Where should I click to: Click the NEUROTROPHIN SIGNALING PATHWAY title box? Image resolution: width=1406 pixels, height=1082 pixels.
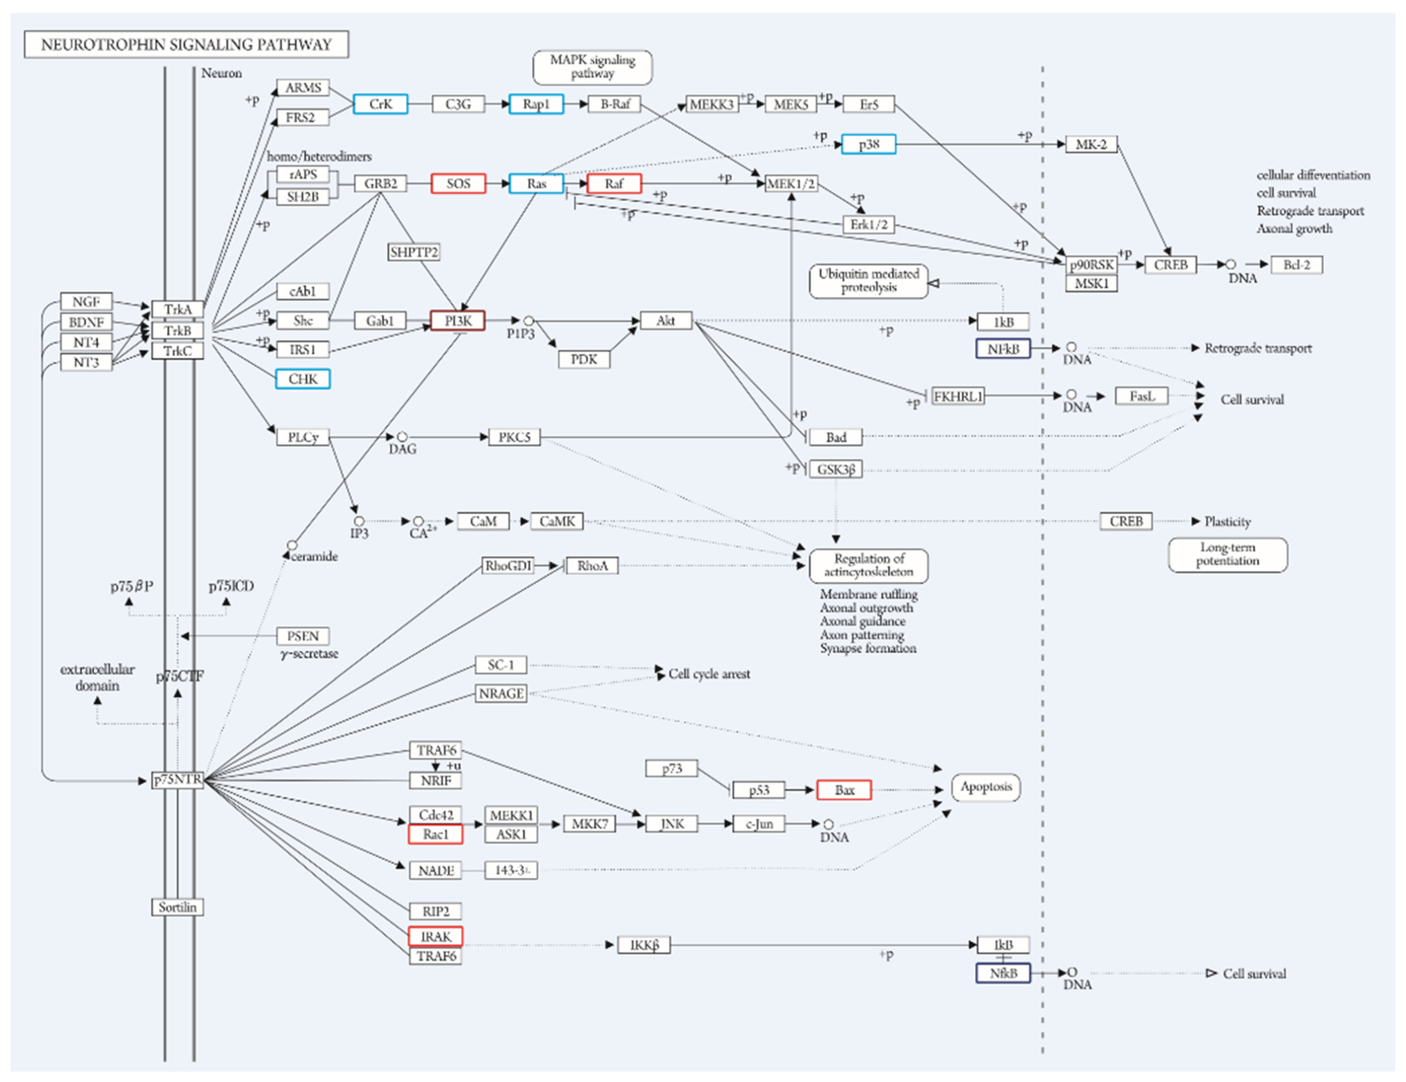[x=186, y=45]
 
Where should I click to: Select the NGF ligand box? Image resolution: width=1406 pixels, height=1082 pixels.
[x=86, y=301]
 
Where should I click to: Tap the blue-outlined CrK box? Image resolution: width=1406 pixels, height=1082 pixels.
[x=381, y=104]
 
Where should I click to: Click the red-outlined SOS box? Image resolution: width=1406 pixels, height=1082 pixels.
[x=458, y=184]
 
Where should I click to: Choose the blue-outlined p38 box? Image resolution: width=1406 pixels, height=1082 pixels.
[x=869, y=144]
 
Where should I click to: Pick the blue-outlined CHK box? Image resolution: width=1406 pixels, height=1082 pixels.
[x=303, y=379]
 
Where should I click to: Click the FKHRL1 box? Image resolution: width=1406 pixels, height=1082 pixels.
[x=958, y=396]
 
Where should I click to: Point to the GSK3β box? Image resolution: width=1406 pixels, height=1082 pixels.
[x=836, y=469]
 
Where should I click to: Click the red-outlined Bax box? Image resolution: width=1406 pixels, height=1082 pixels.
[x=844, y=790]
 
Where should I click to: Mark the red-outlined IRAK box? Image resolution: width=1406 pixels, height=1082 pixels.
[x=435, y=936]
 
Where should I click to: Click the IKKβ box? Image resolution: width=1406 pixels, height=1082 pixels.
[x=644, y=945]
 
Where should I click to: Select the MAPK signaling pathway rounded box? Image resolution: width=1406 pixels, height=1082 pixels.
[x=592, y=67]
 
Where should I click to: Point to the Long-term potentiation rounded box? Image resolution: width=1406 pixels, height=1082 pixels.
[x=1228, y=554]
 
